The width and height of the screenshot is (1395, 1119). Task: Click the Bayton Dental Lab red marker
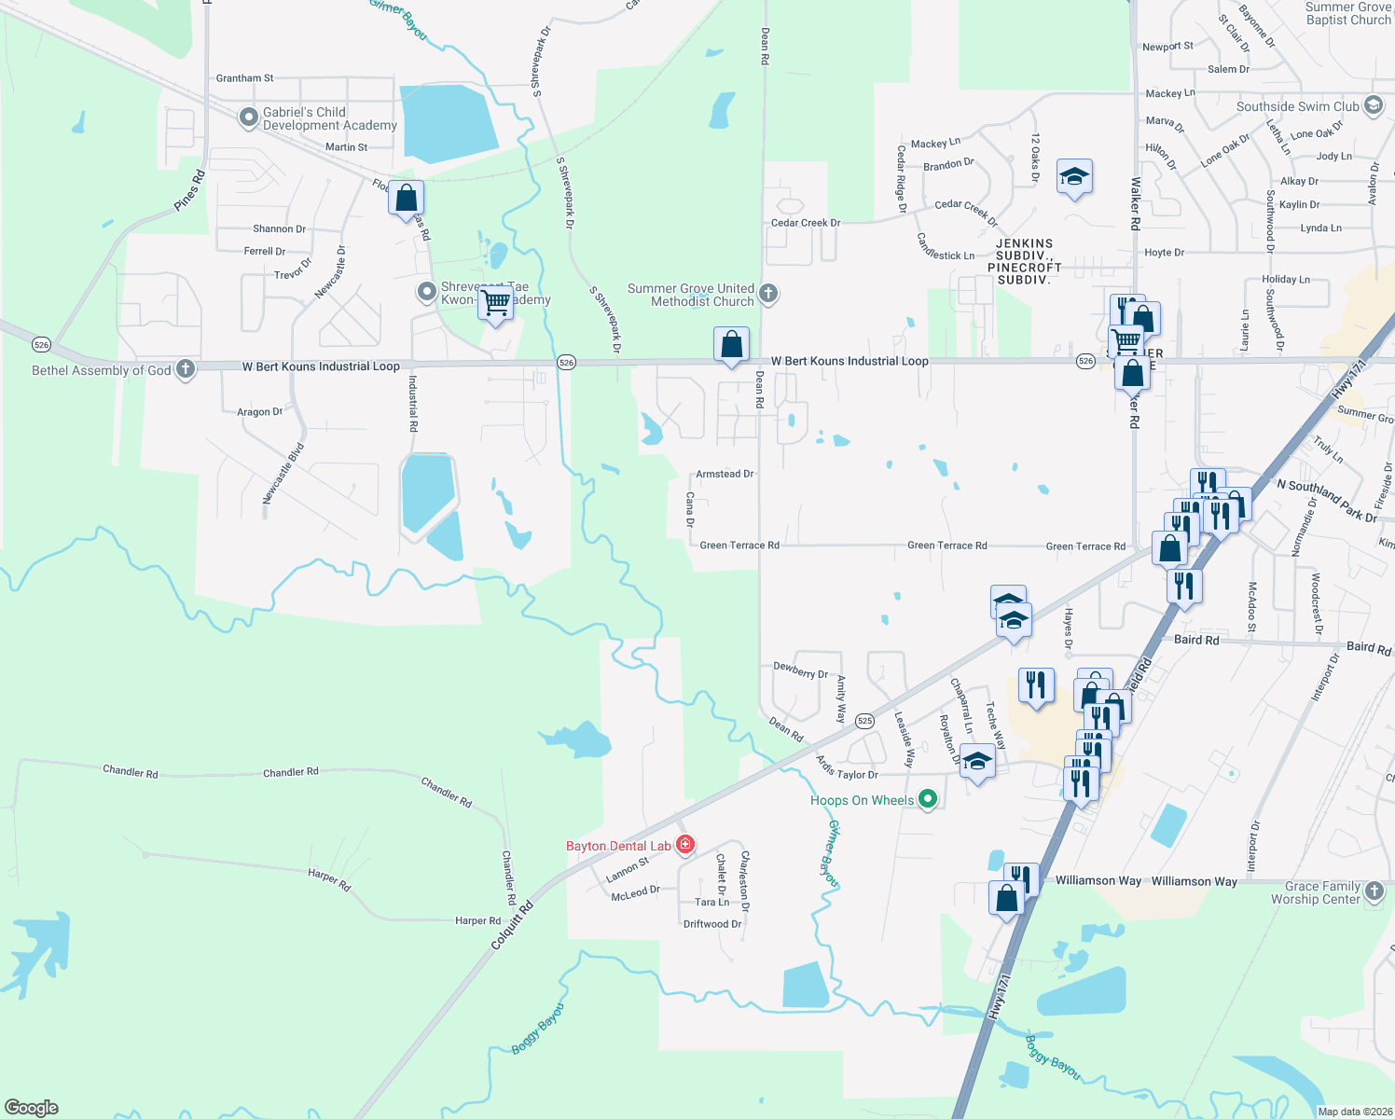(685, 845)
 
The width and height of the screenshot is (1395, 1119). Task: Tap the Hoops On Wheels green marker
(927, 799)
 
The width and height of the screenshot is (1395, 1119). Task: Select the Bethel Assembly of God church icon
(186, 369)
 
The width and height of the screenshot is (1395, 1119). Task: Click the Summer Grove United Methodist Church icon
(768, 294)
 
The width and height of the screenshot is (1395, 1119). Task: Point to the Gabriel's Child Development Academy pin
(248, 117)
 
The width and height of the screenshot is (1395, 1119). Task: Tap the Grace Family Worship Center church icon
(1374, 891)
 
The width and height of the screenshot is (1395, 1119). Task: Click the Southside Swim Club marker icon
(1374, 105)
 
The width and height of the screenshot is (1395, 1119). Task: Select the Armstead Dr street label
(725, 474)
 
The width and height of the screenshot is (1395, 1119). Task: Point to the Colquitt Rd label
(512, 925)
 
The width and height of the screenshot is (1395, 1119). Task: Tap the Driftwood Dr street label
(712, 924)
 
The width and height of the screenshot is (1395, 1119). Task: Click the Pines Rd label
(189, 190)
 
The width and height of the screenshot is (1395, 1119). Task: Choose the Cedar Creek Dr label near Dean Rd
(806, 223)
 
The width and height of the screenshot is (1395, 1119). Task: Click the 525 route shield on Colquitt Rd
(864, 721)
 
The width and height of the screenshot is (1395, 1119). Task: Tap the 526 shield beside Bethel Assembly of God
(41, 345)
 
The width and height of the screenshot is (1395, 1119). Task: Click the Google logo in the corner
(32, 1108)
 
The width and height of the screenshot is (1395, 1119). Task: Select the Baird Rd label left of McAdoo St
(1196, 640)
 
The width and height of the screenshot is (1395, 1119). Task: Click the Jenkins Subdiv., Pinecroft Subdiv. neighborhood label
(1024, 261)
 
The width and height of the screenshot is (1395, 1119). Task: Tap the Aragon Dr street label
(259, 411)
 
